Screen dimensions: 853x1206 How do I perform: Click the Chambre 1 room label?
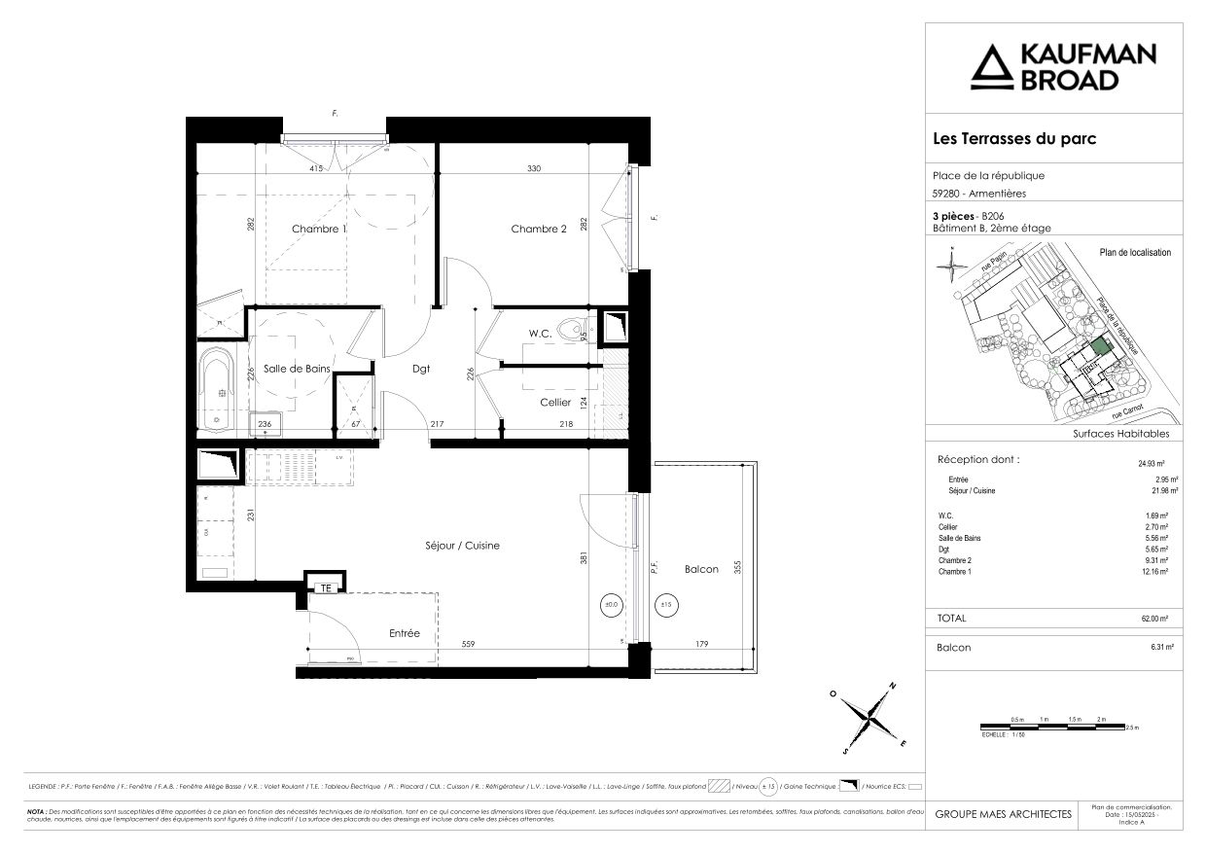click(x=319, y=229)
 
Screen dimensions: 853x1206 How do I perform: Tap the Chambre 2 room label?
click(x=538, y=229)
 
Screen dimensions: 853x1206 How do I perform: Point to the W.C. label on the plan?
click(x=540, y=334)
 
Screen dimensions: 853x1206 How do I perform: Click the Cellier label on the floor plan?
click(x=555, y=402)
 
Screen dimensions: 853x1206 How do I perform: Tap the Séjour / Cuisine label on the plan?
click(x=462, y=546)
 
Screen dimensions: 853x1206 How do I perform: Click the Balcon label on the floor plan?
click(x=701, y=569)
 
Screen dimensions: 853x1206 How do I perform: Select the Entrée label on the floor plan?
click(x=404, y=633)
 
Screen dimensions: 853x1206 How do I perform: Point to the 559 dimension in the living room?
click(x=468, y=643)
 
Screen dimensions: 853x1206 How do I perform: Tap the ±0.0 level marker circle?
click(x=611, y=605)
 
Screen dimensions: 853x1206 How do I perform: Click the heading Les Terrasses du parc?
click(x=1014, y=139)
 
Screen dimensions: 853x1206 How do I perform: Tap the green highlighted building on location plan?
click(x=1100, y=345)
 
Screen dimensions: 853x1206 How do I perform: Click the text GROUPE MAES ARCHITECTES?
click(x=1003, y=814)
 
